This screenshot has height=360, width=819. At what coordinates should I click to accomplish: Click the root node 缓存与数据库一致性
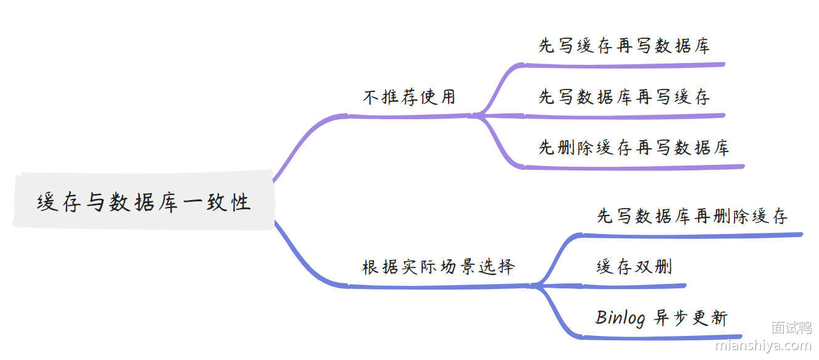[x=143, y=201]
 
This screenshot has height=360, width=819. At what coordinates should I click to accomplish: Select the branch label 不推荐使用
[x=409, y=97]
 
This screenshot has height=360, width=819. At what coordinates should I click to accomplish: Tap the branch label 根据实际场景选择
[x=438, y=267]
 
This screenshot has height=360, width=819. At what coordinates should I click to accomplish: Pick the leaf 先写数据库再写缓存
[x=624, y=97]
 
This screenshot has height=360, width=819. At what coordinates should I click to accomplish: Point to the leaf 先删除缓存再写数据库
[x=634, y=148]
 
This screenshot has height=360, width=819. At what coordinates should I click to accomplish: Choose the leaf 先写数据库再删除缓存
[x=692, y=216]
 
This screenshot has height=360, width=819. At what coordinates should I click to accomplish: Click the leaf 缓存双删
[x=634, y=267]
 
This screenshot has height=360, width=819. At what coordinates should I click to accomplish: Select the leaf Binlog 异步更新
[x=662, y=317]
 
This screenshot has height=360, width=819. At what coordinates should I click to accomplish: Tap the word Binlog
[x=620, y=317]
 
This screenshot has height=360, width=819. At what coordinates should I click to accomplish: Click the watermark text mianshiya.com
[x=763, y=345]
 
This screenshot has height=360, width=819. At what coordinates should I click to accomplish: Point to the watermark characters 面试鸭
[x=792, y=328]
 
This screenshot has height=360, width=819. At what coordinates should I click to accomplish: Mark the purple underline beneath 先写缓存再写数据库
[x=624, y=64]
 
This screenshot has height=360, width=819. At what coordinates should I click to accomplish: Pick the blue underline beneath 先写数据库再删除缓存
[x=692, y=235]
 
